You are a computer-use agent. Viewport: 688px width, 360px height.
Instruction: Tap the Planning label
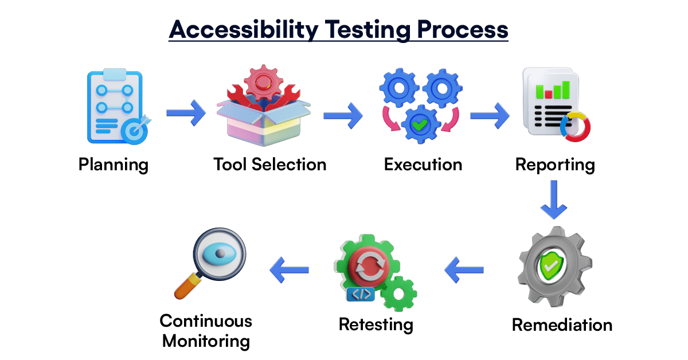pyautogui.click(x=114, y=165)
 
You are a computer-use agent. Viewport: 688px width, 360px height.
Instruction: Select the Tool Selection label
pyautogui.click(x=269, y=165)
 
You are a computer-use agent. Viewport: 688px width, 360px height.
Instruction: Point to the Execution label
pyautogui.click(x=423, y=165)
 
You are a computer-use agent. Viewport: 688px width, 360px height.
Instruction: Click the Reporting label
pyautogui.click(x=554, y=165)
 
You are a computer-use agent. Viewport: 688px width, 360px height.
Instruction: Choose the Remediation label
pyautogui.click(x=562, y=325)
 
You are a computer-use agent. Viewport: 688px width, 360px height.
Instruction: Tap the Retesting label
pyautogui.click(x=376, y=324)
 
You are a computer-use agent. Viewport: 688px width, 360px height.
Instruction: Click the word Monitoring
pyautogui.click(x=206, y=342)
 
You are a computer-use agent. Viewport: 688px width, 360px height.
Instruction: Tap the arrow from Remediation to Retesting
pyautogui.click(x=464, y=268)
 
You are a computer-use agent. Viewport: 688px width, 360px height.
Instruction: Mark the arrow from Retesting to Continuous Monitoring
pyautogui.click(x=290, y=268)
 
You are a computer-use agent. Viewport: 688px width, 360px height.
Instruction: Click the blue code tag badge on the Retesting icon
pyautogui.click(x=361, y=295)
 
